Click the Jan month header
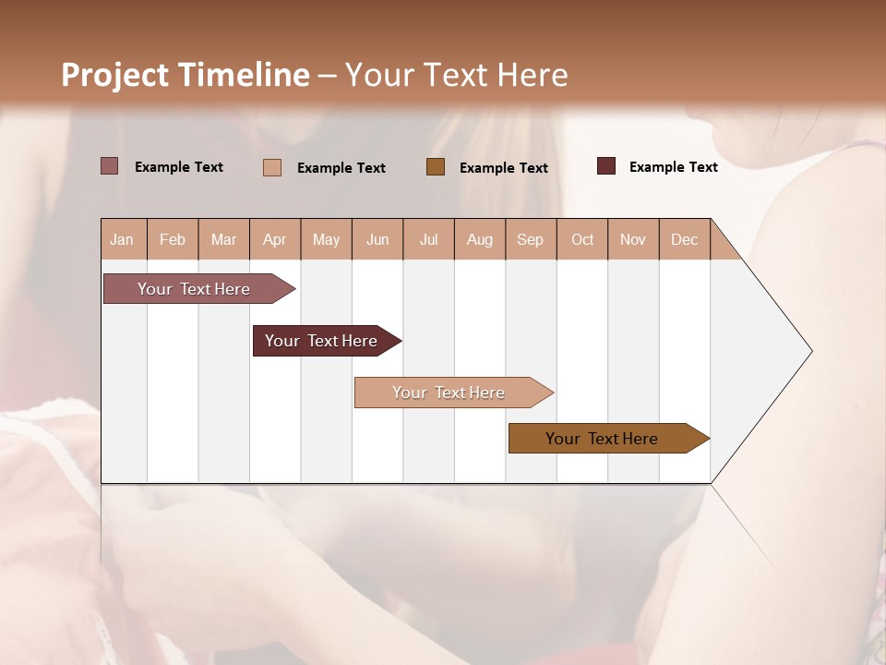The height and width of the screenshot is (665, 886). [123, 239]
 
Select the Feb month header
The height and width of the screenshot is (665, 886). [173, 239]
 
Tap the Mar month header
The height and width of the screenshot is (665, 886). [223, 239]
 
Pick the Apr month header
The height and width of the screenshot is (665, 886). [275, 239]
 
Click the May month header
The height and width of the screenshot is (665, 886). [326, 239]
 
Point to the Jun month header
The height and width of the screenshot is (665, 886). [377, 239]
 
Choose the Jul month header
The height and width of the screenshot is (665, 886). [428, 239]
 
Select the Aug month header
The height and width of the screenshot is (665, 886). [480, 239]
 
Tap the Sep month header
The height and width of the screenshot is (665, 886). [531, 239]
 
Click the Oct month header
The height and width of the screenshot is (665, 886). [582, 239]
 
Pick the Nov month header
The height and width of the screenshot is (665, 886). [633, 239]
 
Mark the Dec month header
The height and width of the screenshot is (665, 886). [684, 239]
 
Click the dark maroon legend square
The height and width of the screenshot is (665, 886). [606, 166]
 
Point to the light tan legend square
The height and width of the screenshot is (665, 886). [272, 167]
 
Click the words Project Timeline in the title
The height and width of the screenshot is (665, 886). [186, 75]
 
